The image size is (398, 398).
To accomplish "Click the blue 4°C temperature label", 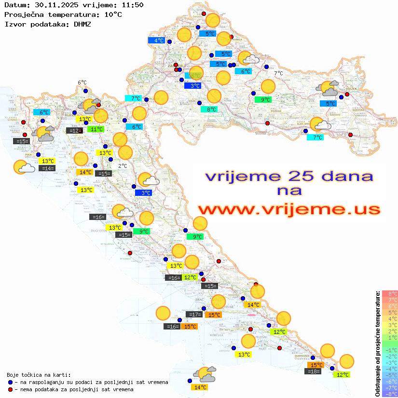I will tap(159, 41).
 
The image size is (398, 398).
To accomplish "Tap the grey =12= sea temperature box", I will tap(74, 130).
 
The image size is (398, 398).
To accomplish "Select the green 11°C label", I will tap(96, 129).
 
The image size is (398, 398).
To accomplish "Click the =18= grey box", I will tap(314, 371).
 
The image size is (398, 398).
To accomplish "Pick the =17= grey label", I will tap(194, 315).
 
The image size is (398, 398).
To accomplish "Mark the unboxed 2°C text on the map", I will tap(123, 165).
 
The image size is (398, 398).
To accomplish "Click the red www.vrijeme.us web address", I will tap(289, 209).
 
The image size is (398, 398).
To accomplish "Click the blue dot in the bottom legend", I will tap(10, 382).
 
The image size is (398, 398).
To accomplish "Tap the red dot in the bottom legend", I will tap(10, 389).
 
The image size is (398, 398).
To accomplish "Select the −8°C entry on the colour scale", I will tap(389, 394).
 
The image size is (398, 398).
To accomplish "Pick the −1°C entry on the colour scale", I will tap(389, 350).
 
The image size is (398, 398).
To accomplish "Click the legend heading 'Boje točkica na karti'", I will tap(39, 374).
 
